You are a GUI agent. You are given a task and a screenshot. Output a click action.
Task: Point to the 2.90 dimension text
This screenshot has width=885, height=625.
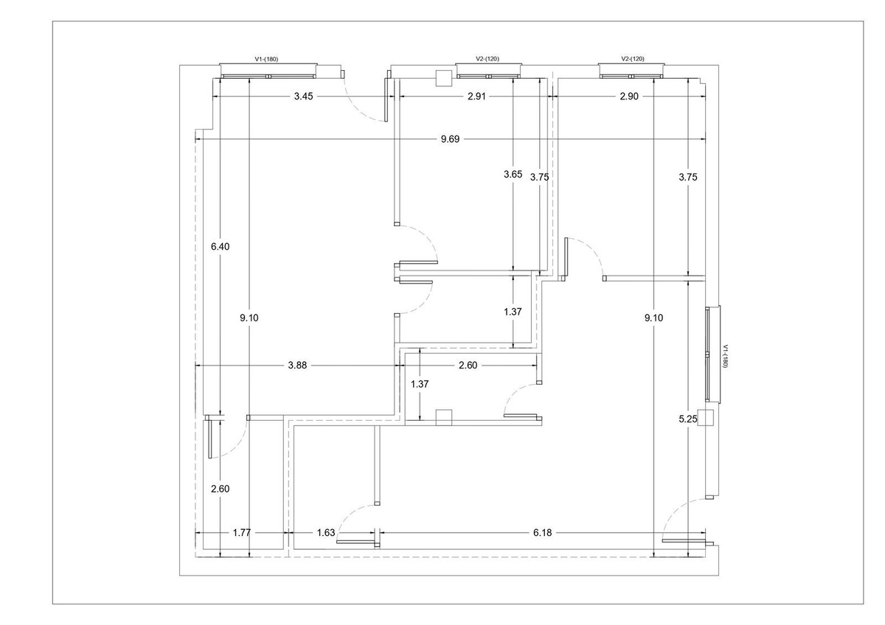[628, 97]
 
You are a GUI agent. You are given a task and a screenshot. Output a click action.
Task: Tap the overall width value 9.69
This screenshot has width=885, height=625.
[449, 139]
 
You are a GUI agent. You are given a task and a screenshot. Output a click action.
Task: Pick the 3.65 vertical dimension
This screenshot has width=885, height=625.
[513, 175]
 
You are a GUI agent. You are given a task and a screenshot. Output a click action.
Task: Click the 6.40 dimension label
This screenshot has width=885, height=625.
[221, 247]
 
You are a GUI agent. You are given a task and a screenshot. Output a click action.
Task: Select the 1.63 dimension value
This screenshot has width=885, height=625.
[327, 532]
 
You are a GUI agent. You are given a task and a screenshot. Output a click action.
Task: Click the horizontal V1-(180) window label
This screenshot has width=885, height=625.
[266, 58]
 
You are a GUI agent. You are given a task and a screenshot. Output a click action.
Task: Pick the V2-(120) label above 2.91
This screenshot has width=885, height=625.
[487, 58]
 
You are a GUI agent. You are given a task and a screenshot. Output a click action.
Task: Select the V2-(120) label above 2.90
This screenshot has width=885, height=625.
[633, 58]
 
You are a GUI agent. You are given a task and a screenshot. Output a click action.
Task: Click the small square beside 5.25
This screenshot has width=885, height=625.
[706, 418]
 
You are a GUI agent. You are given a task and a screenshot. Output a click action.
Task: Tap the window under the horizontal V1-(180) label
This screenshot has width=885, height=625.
[269, 71]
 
